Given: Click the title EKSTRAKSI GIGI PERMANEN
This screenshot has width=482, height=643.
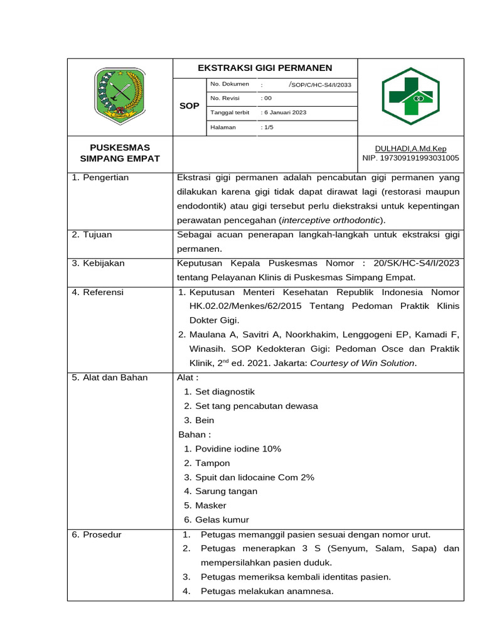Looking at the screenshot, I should pyautogui.click(x=265, y=68).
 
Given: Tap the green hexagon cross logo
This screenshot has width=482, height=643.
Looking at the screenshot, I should pyautogui.click(x=410, y=96).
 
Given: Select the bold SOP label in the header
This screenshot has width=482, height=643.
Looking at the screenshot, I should pyautogui.click(x=189, y=106).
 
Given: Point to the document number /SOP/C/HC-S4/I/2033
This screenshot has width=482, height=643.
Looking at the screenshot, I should pyautogui.click(x=319, y=84).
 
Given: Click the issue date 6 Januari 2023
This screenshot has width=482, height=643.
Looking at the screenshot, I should pyautogui.click(x=284, y=112).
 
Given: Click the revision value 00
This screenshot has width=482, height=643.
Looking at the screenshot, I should pyautogui.click(x=267, y=98).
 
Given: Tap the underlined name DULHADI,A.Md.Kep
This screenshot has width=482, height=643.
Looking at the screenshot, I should pyautogui.click(x=410, y=149).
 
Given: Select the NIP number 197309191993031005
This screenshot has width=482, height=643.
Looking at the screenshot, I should pyautogui.click(x=410, y=158).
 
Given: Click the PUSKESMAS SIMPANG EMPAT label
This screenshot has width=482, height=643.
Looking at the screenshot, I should pyautogui.click(x=120, y=153).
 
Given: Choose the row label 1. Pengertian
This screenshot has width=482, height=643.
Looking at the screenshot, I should pyautogui.click(x=100, y=178).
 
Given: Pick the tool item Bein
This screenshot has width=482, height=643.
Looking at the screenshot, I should pyautogui.click(x=205, y=420).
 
